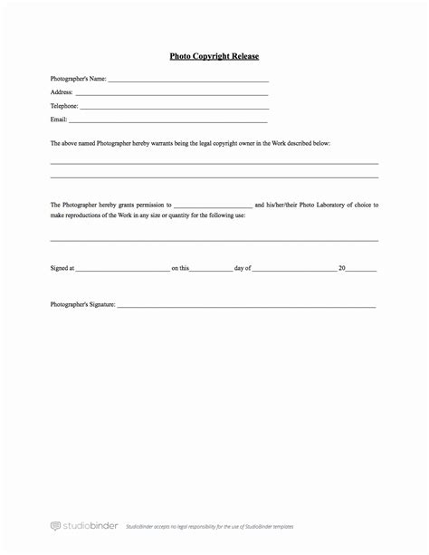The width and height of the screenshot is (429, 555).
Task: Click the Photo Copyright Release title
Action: [214, 56]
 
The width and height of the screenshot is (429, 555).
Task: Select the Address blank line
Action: [172, 93]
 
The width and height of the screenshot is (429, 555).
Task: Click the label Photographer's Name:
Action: [79, 79]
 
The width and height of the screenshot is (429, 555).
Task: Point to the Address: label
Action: [62, 92]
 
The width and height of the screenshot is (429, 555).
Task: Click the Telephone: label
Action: [65, 106]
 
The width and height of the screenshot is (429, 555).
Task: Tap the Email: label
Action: [59, 119]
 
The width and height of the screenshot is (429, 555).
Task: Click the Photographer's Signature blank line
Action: [246, 307]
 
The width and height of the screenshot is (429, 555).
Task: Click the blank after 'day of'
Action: [294, 270]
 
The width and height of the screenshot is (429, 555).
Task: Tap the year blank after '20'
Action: [362, 270]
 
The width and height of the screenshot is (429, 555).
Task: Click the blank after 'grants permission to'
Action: [213, 207]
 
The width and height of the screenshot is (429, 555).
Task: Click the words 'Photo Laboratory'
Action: [317, 206]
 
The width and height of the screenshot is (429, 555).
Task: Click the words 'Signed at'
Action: [62, 269]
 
